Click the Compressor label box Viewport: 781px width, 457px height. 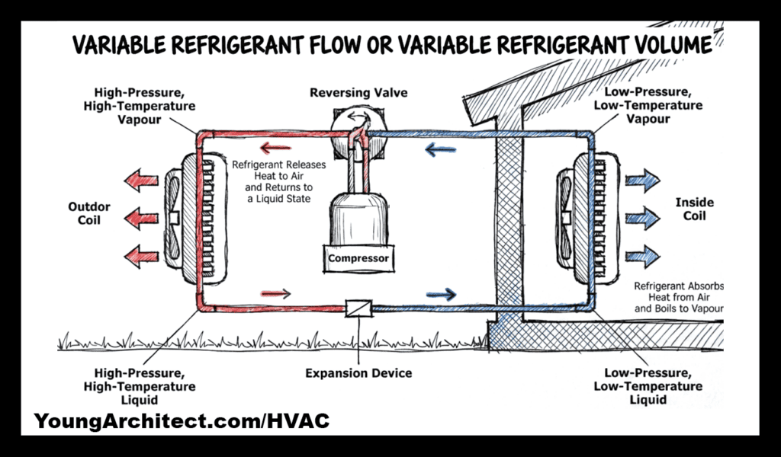[358, 258]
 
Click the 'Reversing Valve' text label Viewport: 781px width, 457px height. [358, 93]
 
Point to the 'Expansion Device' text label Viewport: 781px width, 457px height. [358, 373]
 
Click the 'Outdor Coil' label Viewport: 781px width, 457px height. [89, 213]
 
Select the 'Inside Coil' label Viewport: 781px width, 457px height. [695, 209]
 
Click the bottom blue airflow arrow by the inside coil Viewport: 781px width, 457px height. [641, 252]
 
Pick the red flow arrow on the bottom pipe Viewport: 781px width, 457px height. [275, 292]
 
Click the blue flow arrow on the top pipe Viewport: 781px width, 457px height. [440, 149]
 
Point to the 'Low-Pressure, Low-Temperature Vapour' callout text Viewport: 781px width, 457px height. [648, 106]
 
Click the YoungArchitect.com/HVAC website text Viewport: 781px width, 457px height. [182, 420]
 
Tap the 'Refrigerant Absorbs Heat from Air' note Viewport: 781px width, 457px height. [677, 298]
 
